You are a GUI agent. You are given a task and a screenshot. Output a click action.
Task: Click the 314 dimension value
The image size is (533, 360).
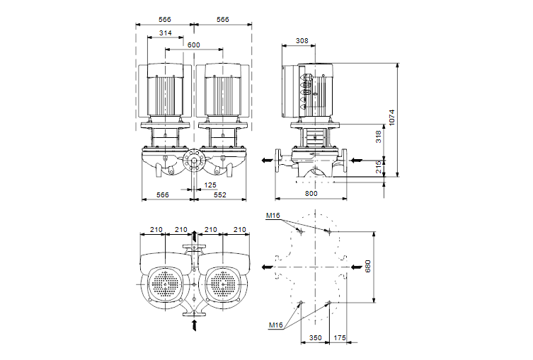click(166, 33)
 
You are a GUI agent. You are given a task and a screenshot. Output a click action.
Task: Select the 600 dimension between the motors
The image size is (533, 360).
click(194, 45)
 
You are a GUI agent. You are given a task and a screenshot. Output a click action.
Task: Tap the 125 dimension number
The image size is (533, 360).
click(210, 185)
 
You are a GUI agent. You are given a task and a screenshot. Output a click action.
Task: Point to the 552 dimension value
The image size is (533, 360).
click(220, 194)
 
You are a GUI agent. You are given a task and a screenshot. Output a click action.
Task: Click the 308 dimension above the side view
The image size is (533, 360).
click(302, 42)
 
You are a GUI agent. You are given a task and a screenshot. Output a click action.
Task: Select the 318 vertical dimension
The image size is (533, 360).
click(379, 137)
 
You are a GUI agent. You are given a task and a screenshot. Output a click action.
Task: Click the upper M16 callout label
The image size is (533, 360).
click(274, 215)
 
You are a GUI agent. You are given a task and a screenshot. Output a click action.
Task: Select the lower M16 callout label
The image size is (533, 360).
click(275, 325)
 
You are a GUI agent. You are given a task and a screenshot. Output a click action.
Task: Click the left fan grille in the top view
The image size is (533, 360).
click(166, 285)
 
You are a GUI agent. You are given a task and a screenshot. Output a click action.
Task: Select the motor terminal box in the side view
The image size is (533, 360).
click(307, 91)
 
